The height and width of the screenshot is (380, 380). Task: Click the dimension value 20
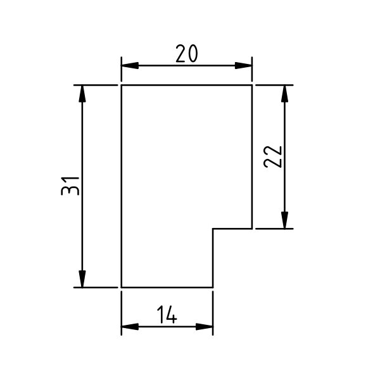coord(187,54)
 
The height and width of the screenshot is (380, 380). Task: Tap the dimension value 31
coord(70,186)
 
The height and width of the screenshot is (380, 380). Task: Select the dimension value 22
coord(272,157)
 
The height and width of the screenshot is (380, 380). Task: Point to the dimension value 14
coord(167,315)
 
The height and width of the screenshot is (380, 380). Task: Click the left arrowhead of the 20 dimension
coord(130,65)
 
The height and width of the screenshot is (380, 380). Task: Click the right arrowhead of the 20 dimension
coord(244,65)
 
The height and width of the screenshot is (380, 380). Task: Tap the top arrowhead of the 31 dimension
coord(82,94)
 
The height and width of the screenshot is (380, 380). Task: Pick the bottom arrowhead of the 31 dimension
coord(82,279)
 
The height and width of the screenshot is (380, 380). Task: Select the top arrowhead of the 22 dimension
coord(285,94)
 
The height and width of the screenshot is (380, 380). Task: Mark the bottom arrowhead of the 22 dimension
coord(285,220)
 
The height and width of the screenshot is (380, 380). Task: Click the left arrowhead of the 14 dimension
coord(130,327)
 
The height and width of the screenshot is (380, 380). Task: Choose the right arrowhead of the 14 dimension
coord(205,327)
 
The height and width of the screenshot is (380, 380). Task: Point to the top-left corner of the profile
coord(122,85)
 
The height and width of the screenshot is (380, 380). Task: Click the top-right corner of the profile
coord(252,85)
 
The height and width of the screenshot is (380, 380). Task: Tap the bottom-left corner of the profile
coord(122,288)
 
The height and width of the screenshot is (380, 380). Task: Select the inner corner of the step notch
coord(213,229)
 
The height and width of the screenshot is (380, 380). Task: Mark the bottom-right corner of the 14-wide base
coord(213,288)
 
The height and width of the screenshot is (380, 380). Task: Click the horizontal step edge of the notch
coord(232,229)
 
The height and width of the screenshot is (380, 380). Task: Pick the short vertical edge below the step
coord(213,258)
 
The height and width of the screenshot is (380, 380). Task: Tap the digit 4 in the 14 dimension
coord(171,315)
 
